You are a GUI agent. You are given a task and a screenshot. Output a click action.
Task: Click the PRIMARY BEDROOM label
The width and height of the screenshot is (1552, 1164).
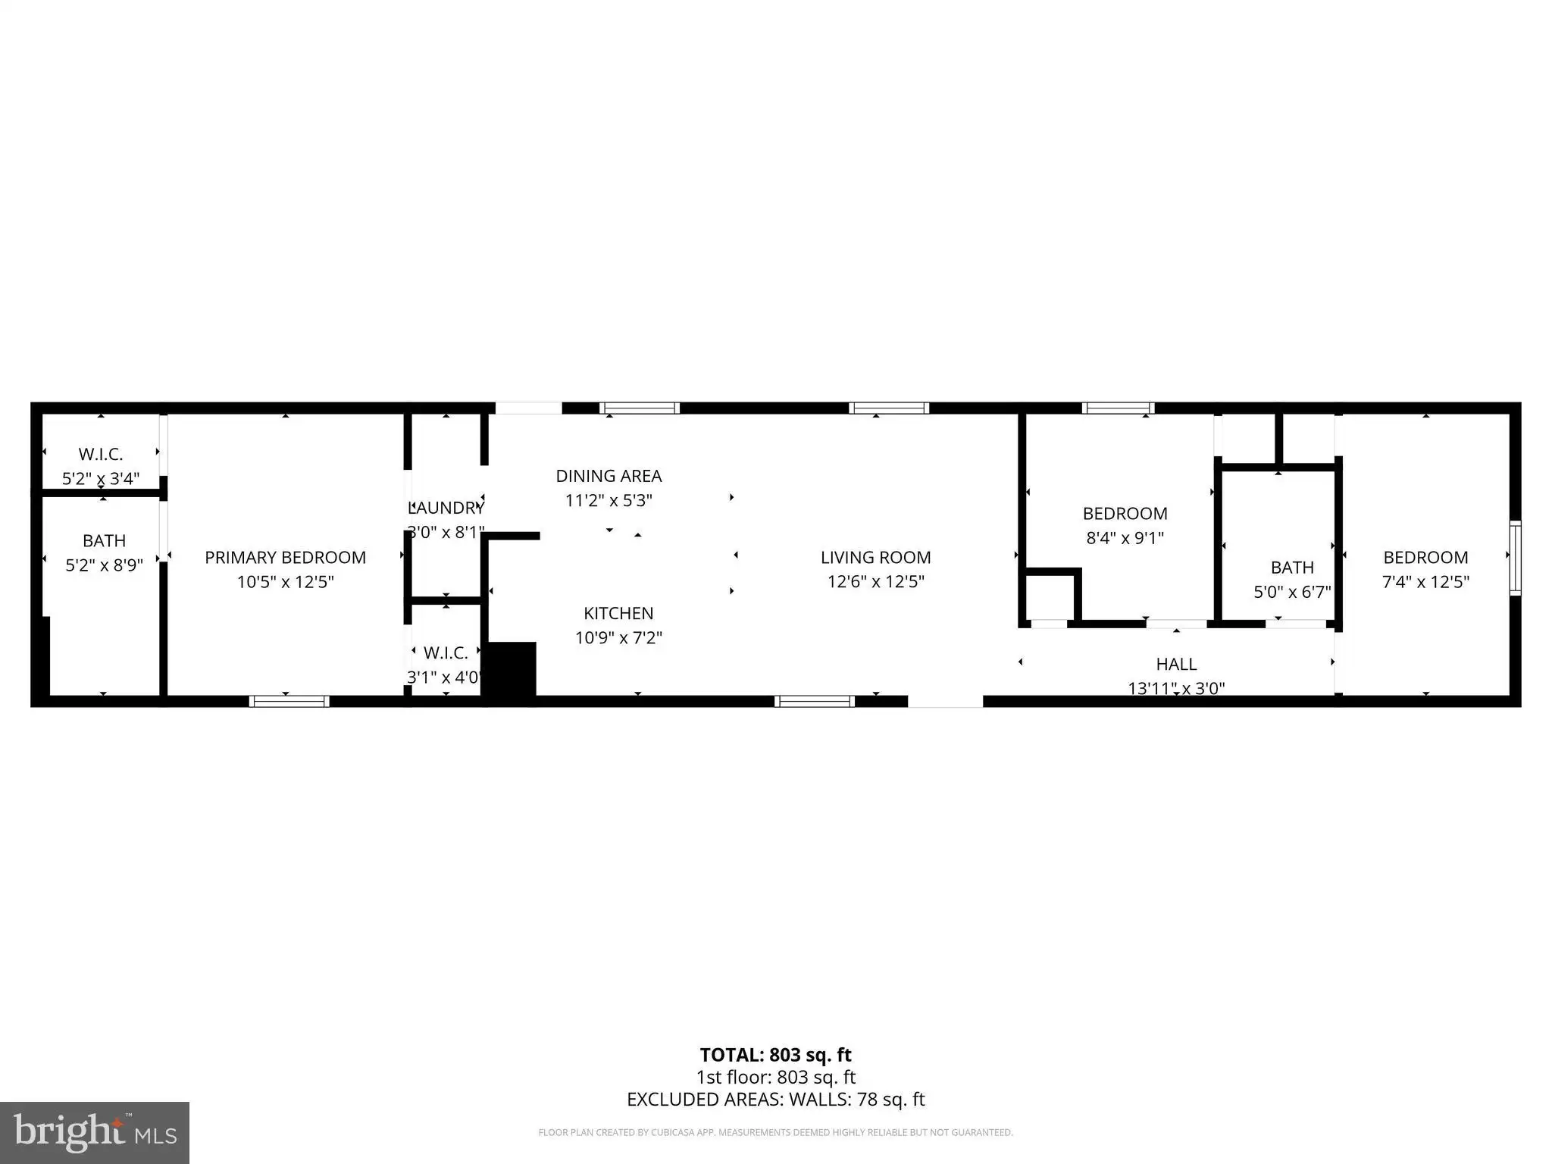pyautogui.click(x=285, y=558)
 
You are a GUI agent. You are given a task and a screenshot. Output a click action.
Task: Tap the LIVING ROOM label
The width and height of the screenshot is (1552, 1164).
pyautogui.click(x=875, y=558)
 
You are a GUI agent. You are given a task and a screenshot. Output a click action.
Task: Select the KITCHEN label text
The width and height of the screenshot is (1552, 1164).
pyautogui.click(x=618, y=613)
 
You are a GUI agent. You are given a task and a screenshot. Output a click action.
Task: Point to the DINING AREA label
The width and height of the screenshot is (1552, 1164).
pyautogui.click(x=609, y=476)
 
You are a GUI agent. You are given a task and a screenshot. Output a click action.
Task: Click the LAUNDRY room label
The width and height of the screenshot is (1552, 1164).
pyautogui.click(x=446, y=508)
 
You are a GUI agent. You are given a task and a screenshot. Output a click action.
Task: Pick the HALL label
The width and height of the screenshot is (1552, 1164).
pyautogui.click(x=1176, y=665)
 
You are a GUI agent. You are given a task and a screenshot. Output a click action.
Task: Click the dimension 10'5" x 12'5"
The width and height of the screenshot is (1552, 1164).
pyautogui.click(x=285, y=582)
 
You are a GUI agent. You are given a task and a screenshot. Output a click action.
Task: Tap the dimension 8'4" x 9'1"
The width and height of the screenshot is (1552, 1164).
pyautogui.click(x=1125, y=538)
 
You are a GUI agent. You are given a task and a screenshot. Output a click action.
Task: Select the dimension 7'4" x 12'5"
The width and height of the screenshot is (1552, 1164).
pyautogui.click(x=1425, y=582)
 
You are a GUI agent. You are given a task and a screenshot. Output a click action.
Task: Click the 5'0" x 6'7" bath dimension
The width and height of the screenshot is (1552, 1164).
pyautogui.click(x=1292, y=592)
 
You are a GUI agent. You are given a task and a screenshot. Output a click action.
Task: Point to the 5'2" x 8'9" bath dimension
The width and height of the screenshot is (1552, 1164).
pyautogui.click(x=104, y=565)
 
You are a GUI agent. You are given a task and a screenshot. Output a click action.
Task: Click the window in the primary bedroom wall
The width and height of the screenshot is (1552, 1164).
pyautogui.click(x=289, y=701)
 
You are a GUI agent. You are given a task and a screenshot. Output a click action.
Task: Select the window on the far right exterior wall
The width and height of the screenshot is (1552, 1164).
pyautogui.click(x=1515, y=559)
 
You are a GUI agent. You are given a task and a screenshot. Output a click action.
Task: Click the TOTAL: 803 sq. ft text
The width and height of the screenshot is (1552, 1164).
pyautogui.click(x=775, y=1055)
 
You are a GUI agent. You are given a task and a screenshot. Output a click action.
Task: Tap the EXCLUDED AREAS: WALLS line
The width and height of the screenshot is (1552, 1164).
pyautogui.click(x=775, y=1100)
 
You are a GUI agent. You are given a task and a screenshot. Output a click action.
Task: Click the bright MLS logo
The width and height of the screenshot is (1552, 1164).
pyautogui.click(x=95, y=1133)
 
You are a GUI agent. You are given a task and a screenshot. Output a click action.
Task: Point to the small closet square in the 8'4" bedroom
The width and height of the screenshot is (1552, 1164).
pyautogui.click(x=1050, y=598)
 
